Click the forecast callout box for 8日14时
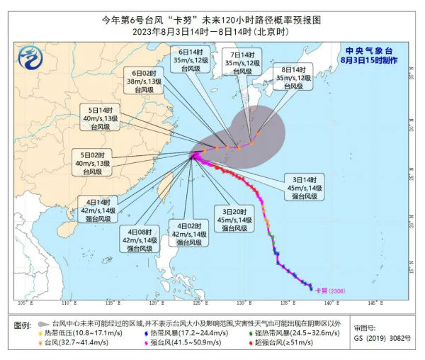point(292,77)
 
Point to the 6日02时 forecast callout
point(144,82)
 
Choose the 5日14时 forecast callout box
point(99,118)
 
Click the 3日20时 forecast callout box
point(234,220)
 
